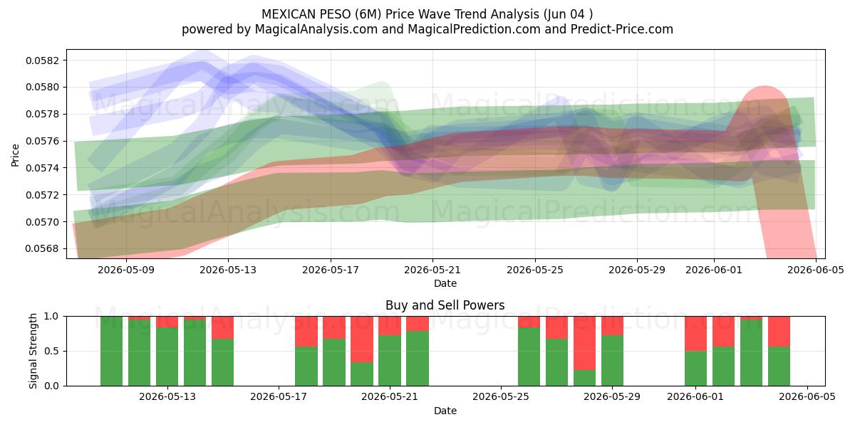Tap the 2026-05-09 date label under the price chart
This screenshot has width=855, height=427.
pyautogui.click(x=126, y=270)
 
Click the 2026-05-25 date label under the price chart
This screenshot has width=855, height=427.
pyautogui.click(x=535, y=270)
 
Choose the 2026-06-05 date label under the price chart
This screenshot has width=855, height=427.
pyautogui.click(x=816, y=270)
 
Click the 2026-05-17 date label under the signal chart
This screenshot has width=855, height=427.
pyautogui.click(x=279, y=396)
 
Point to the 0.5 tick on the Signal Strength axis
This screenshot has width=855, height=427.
pyautogui.click(x=51, y=351)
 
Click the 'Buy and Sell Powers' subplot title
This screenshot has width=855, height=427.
pyautogui.click(x=445, y=305)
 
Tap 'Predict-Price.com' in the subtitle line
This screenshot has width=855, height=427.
pyautogui.click(x=622, y=29)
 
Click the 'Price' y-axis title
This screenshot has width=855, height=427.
pyautogui.click(x=15, y=155)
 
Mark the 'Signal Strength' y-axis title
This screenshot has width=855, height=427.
pyautogui.click(x=33, y=351)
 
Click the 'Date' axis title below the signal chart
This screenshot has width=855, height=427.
pyautogui.click(x=445, y=411)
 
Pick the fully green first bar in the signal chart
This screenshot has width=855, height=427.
pyautogui.click(x=111, y=351)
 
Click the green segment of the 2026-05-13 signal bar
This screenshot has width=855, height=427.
pyautogui.click(x=167, y=357)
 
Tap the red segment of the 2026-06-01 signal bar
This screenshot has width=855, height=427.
pyautogui.click(x=695, y=334)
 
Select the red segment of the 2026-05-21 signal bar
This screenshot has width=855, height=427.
pyautogui.click(x=390, y=326)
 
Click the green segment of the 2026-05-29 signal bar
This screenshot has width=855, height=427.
pyautogui.click(x=612, y=361)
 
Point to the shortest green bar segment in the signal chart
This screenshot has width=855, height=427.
pyautogui.click(x=584, y=378)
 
